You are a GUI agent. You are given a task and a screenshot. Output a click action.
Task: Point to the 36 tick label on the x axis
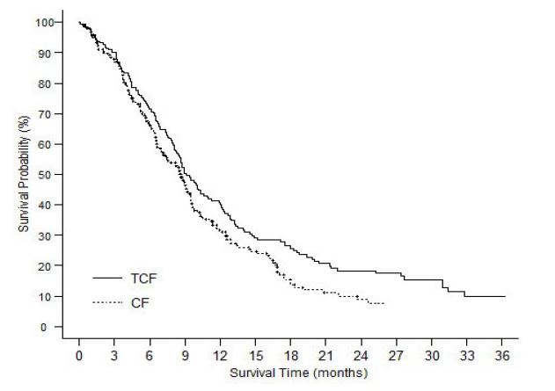coord(501,357)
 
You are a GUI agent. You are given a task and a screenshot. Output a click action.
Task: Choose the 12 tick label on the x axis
coord(220,357)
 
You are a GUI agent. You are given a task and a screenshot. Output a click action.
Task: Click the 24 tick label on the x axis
coord(361,357)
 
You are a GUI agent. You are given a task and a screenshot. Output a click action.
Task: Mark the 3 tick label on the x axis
coord(114,357)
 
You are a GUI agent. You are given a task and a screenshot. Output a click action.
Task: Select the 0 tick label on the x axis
coord(79,357)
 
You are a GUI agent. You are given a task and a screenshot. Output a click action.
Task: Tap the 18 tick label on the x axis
coord(290,357)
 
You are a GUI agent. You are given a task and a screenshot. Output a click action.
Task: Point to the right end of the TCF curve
coord(504,296)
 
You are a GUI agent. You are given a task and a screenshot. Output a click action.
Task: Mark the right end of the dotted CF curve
coord(383,303)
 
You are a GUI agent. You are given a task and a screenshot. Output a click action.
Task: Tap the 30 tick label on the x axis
coord(431,357)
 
